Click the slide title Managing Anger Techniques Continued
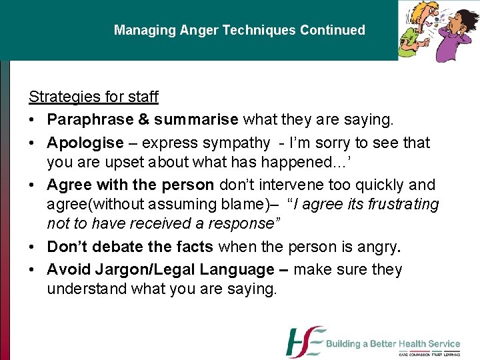pyautogui.click(x=239, y=30)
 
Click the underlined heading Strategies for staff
pyautogui.click(x=93, y=97)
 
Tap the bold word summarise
pyautogui.click(x=196, y=120)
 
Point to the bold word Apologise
pyautogui.click(x=85, y=143)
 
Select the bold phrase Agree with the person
pyautogui.click(x=130, y=185)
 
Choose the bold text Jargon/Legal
pyautogui.click(x=132, y=269)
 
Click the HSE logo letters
pyautogui.click(x=305, y=343)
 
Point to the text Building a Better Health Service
pyautogui.click(x=393, y=344)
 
